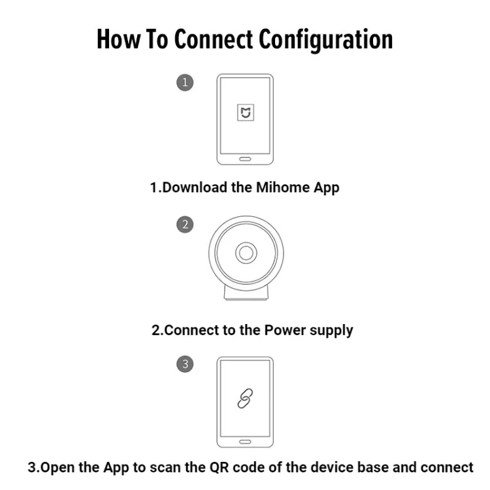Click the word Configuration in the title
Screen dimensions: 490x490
pyautogui.click(x=326, y=39)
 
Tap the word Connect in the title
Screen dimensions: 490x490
pyautogui.click(x=214, y=39)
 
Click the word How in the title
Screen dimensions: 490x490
pyautogui.click(x=117, y=39)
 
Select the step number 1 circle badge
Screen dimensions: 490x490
pyautogui.click(x=186, y=82)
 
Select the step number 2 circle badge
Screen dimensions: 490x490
pyautogui.click(x=186, y=225)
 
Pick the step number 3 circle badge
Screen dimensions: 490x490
pyautogui.click(x=186, y=365)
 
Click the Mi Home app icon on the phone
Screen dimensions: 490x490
pyautogui.click(x=245, y=114)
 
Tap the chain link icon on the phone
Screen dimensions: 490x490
pyautogui.click(x=245, y=399)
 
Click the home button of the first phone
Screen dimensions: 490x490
pyautogui.click(x=245, y=158)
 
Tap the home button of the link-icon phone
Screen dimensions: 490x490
pyautogui.click(x=245, y=441)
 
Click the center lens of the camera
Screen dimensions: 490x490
pyautogui.click(x=245, y=253)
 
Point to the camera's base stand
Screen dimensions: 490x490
pyautogui.click(x=245, y=293)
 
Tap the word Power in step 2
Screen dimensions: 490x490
pyautogui.click(x=285, y=330)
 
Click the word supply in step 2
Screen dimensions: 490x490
pyautogui.click(x=331, y=330)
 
